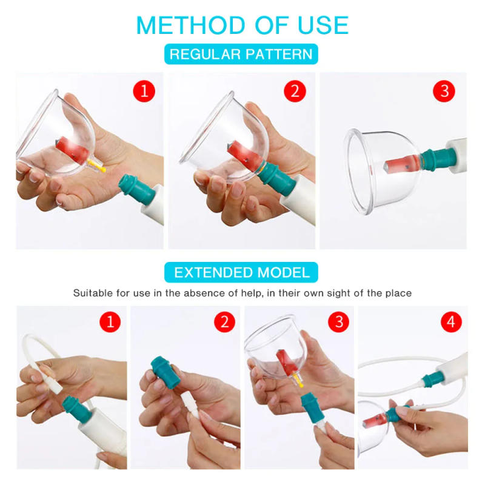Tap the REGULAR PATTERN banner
[241, 54]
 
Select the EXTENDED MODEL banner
[241, 272]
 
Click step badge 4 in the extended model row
[450, 322]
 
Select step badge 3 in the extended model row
[338, 322]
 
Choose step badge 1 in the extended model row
[110, 322]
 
